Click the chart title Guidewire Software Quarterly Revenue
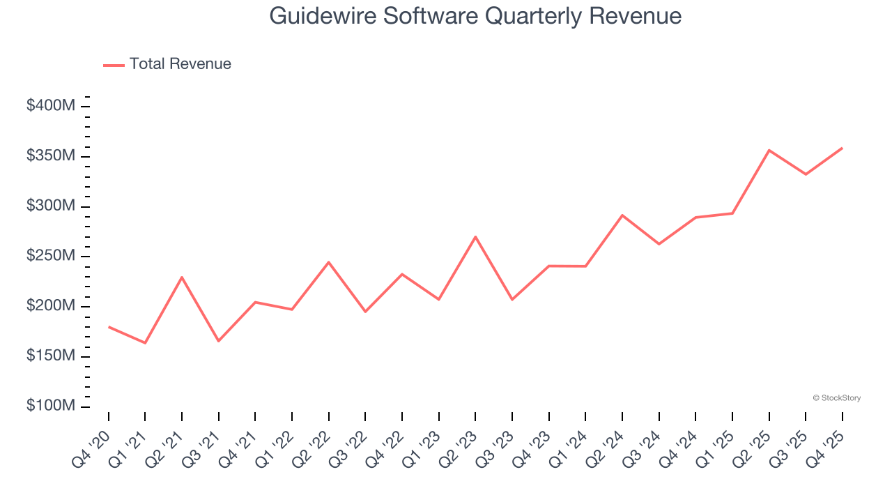475,16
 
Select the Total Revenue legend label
180,64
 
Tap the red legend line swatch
114,65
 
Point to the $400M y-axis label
51,106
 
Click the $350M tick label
51,156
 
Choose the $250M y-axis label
51,256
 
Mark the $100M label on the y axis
51,406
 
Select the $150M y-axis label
51,356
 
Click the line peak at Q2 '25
769,150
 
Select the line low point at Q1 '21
145,343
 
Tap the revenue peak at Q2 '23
475,237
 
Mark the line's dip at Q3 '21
218,341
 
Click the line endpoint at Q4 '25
842,148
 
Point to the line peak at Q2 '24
622,215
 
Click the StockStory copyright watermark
836,398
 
